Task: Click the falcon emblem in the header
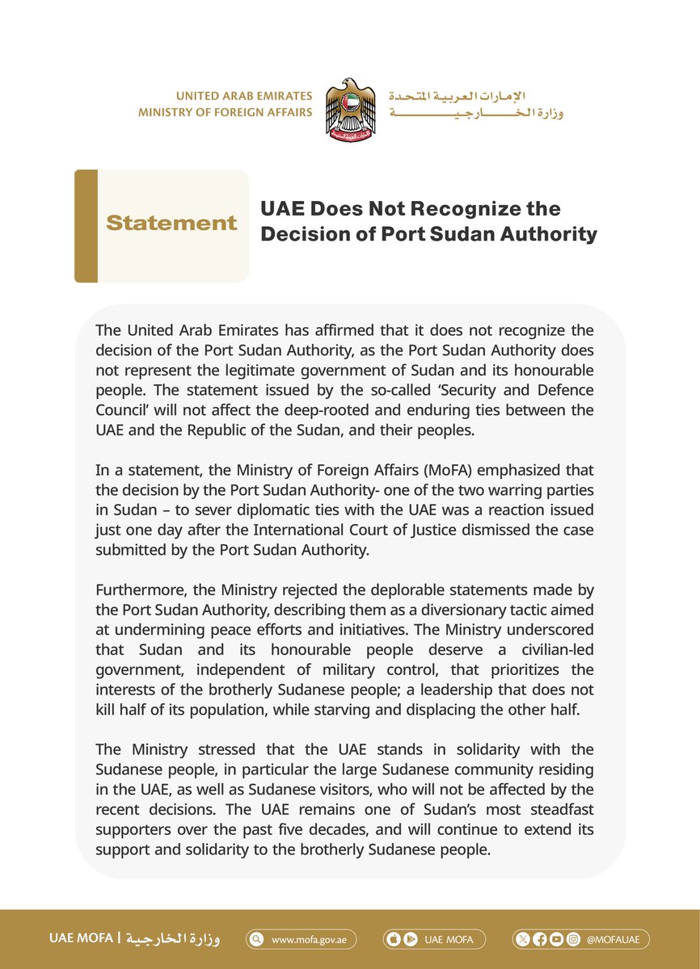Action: click(350, 111)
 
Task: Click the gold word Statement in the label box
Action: click(171, 224)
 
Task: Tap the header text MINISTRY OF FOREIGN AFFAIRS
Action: click(225, 112)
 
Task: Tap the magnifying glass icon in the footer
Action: click(257, 940)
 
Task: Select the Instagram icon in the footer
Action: click(573, 940)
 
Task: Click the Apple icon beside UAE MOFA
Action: click(395, 940)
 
